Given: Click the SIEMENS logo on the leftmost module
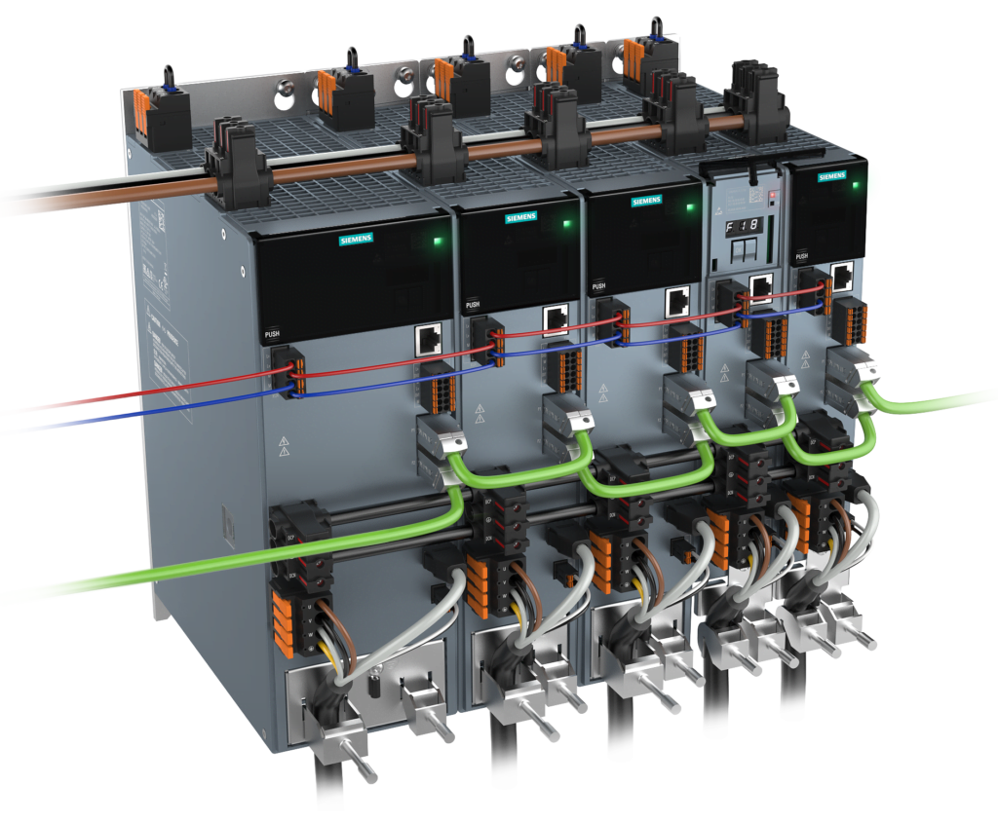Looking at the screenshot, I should point(358,239).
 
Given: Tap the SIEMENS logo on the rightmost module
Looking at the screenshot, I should point(831,176).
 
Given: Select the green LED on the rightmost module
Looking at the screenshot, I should point(856,184).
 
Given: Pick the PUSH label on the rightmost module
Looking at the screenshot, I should point(801,256).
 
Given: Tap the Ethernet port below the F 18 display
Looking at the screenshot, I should point(762,283).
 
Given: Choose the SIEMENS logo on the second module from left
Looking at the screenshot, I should point(519,218).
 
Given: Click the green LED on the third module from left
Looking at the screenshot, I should point(689,207).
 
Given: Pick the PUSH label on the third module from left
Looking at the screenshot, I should point(598,285).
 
